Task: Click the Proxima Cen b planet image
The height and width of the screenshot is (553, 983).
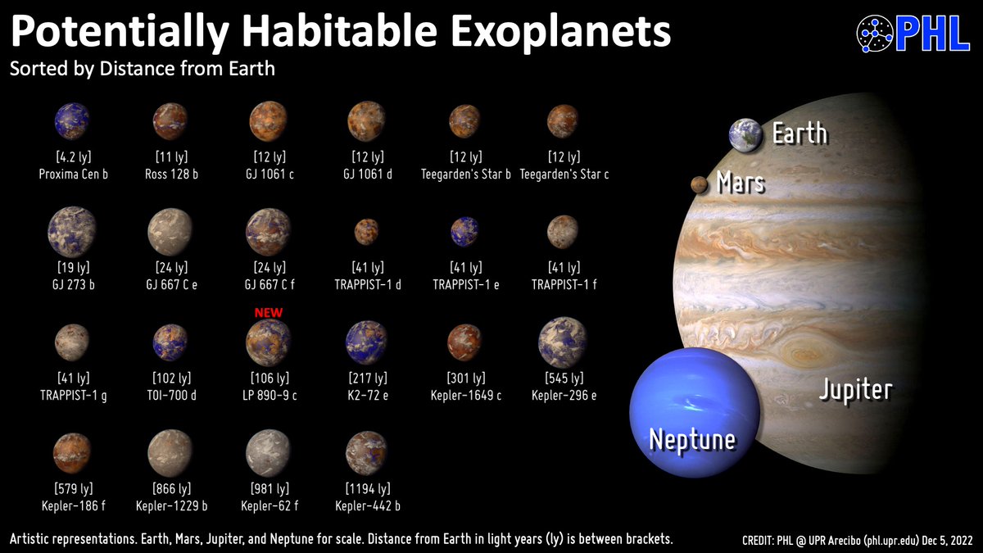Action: tap(72, 122)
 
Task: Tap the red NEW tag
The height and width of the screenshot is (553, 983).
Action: tap(269, 313)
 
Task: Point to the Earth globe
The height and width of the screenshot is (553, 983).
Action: tap(745, 135)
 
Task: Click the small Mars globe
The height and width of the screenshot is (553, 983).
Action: tap(700, 185)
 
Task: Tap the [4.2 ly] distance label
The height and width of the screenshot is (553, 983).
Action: tap(72, 157)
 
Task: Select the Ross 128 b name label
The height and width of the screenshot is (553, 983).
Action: tap(170, 174)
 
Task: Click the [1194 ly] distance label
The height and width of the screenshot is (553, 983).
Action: tap(366, 489)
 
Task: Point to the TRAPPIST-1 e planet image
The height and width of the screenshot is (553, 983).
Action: tap(465, 232)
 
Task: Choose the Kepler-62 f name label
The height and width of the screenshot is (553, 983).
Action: tap(269, 505)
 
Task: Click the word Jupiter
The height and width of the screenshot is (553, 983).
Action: tap(855, 389)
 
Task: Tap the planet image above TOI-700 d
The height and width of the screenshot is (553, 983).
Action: tap(170, 342)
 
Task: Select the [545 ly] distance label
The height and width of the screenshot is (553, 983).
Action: tap(564, 378)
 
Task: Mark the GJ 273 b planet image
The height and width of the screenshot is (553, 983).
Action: tap(72, 231)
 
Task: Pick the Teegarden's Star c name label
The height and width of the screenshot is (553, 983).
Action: tap(564, 174)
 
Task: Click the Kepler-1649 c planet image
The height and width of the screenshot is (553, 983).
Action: tap(465, 342)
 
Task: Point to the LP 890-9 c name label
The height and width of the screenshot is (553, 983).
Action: tap(269, 395)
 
